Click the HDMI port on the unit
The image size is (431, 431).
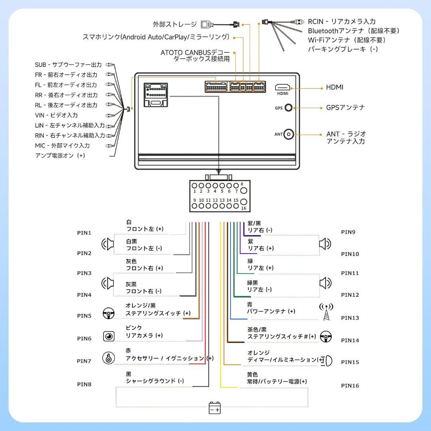pyautogui.click(x=282, y=87)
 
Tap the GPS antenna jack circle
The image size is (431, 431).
pyautogui.click(x=289, y=108)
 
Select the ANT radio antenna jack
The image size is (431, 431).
pyautogui.click(x=289, y=134)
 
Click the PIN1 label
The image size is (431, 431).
pyautogui.click(x=84, y=233)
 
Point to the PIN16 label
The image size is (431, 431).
pyautogui.click(x=350, y=386)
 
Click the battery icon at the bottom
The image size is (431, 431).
pyautogui.click(x=215, y=408)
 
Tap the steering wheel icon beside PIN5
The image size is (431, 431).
pyautogui.click(x=108, y=313)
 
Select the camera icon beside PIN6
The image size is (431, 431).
pyautogui.click(x=109, y=336)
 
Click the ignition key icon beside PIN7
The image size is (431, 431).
pyautogui.click(x=108, y=358)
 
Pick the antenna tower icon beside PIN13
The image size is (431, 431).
pyautogui.click(x=326, y=312)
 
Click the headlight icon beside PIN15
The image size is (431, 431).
pyautogui.click(x=327, y=361)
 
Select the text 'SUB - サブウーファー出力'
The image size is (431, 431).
pyautogui.click(x=68, y=65)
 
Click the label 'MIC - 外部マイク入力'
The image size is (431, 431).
pyautogui.click(x=62, y=146)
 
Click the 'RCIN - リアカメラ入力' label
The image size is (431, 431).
pyautogui.click(x=341, y=22)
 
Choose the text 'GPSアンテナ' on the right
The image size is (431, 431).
pyautogui.click(x=345, y=107)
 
